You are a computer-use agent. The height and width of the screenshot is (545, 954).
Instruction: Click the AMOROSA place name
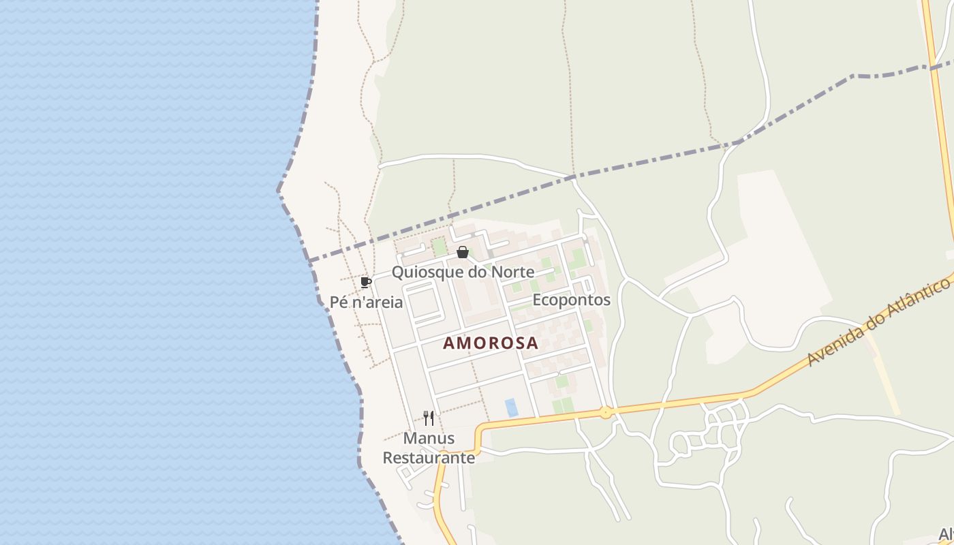pos(491,343)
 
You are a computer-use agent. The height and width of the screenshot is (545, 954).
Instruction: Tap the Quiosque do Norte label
pos(463,272)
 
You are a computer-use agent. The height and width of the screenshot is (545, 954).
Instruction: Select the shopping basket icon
pos(463,253)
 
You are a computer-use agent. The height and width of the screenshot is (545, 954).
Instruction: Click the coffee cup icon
pos(366,282)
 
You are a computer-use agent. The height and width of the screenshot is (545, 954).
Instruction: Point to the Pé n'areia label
pos(366,302)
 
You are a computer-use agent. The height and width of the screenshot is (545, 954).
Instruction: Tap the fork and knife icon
pos(429,418)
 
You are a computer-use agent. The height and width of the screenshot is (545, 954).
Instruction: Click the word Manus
pos(429,437)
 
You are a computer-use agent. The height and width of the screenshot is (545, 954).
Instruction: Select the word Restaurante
pos(429,458)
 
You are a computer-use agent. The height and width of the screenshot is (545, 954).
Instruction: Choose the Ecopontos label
pos(571,300)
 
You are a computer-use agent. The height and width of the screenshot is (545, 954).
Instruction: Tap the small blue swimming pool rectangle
pos(511,407)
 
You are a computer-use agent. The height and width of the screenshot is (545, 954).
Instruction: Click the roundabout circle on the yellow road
pos(605,412)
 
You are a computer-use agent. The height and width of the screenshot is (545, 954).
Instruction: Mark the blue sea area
pos(136,272)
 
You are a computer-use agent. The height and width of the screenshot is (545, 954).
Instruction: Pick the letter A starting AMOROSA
pos(449,343)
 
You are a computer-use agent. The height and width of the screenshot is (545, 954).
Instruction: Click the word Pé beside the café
pos(339,302)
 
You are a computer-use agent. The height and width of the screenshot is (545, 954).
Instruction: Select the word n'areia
pos(377,302)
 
